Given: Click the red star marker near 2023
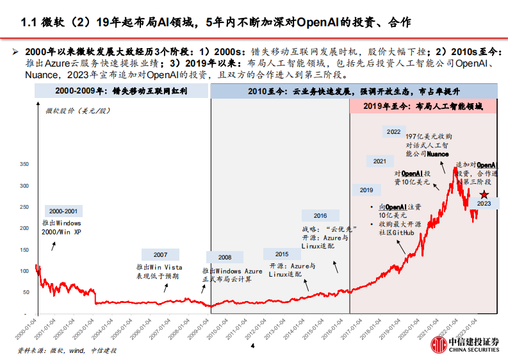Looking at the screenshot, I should (484, 193).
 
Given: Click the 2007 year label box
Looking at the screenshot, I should (160, 254).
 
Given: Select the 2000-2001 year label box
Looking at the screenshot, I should (64, 211).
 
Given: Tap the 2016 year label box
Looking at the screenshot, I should (320, 216).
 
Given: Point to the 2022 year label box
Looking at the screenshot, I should (393, 132).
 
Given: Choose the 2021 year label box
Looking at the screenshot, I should (379, 161).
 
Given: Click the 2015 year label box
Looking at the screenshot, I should (282, 254).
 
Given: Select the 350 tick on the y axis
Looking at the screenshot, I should (26, 165).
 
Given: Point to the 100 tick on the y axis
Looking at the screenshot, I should (26, 271).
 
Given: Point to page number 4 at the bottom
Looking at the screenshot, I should (252, 347).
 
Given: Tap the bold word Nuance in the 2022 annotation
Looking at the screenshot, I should (436, 154).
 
